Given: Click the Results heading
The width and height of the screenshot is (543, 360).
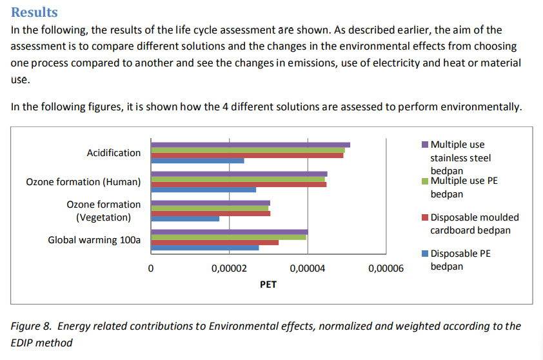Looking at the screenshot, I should pos(34,12).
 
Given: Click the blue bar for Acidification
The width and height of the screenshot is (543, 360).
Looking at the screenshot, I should pos(197,161).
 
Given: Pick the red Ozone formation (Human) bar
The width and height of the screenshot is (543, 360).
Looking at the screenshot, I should pos(239,185).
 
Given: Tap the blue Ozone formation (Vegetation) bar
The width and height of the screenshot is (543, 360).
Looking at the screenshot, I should pos(185,219).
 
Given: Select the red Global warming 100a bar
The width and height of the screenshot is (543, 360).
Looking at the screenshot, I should pos(215,243).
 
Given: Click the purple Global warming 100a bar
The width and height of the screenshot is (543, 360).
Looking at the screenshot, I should pos(229,232).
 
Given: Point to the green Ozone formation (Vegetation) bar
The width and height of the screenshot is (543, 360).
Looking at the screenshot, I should pos(210,208).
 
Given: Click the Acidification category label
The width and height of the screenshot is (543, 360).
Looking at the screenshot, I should pos(114,153).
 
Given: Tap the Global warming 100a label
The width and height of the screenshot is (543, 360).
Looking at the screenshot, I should pos(94,240).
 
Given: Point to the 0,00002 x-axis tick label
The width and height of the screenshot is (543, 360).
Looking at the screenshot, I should pos(228,268).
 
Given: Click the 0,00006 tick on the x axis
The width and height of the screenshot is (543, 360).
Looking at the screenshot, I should pos(386,268).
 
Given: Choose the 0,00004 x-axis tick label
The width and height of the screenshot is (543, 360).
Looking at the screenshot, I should pos(307,268).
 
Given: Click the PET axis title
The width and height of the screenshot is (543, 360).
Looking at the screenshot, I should pos(268,284).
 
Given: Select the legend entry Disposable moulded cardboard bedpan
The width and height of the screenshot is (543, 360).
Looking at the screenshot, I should pos(474,223).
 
